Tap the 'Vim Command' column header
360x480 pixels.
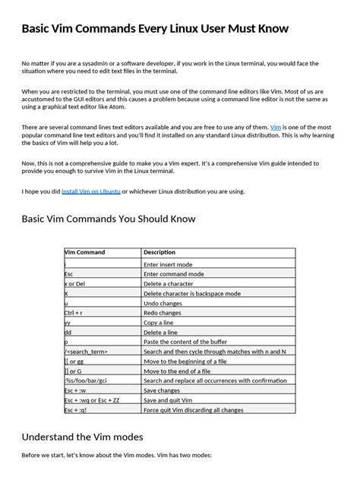[x=85, y=252]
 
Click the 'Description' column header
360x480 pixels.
[x=159, y=252]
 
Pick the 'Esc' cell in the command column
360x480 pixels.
[x=69, y=273]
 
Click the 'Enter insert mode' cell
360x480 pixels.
[x=172, y=263]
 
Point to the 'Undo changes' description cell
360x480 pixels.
[x=167, y=302]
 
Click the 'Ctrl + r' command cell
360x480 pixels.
[x=74, y=312]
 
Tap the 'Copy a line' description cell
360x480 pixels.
[x=163, y=322]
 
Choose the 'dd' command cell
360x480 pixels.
[x=68, y=332]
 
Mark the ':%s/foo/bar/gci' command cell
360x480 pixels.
[x=85, y=381]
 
